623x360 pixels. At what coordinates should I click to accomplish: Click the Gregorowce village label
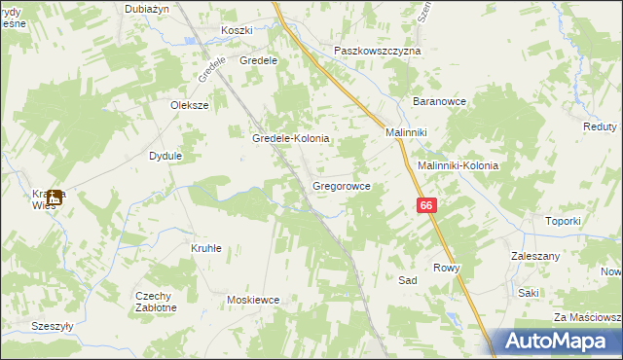point(341,184)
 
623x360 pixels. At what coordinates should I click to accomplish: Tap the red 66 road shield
point(426,205)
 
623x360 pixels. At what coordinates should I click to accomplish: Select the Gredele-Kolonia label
point(291,139)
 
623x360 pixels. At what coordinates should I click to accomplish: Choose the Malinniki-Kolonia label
point(458,165)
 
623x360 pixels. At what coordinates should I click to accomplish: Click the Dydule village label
point(165,155)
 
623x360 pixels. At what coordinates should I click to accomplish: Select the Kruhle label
point(206,248)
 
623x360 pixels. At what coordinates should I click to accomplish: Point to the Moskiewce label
point(253,301)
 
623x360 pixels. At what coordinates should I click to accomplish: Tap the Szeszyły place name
point(54,326)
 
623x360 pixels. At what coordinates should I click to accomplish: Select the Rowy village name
point(446,268)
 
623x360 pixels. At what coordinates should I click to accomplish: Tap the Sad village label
point(408,279)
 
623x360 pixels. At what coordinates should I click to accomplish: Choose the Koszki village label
point(237,30)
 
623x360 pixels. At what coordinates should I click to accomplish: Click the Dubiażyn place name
point(147,8)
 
